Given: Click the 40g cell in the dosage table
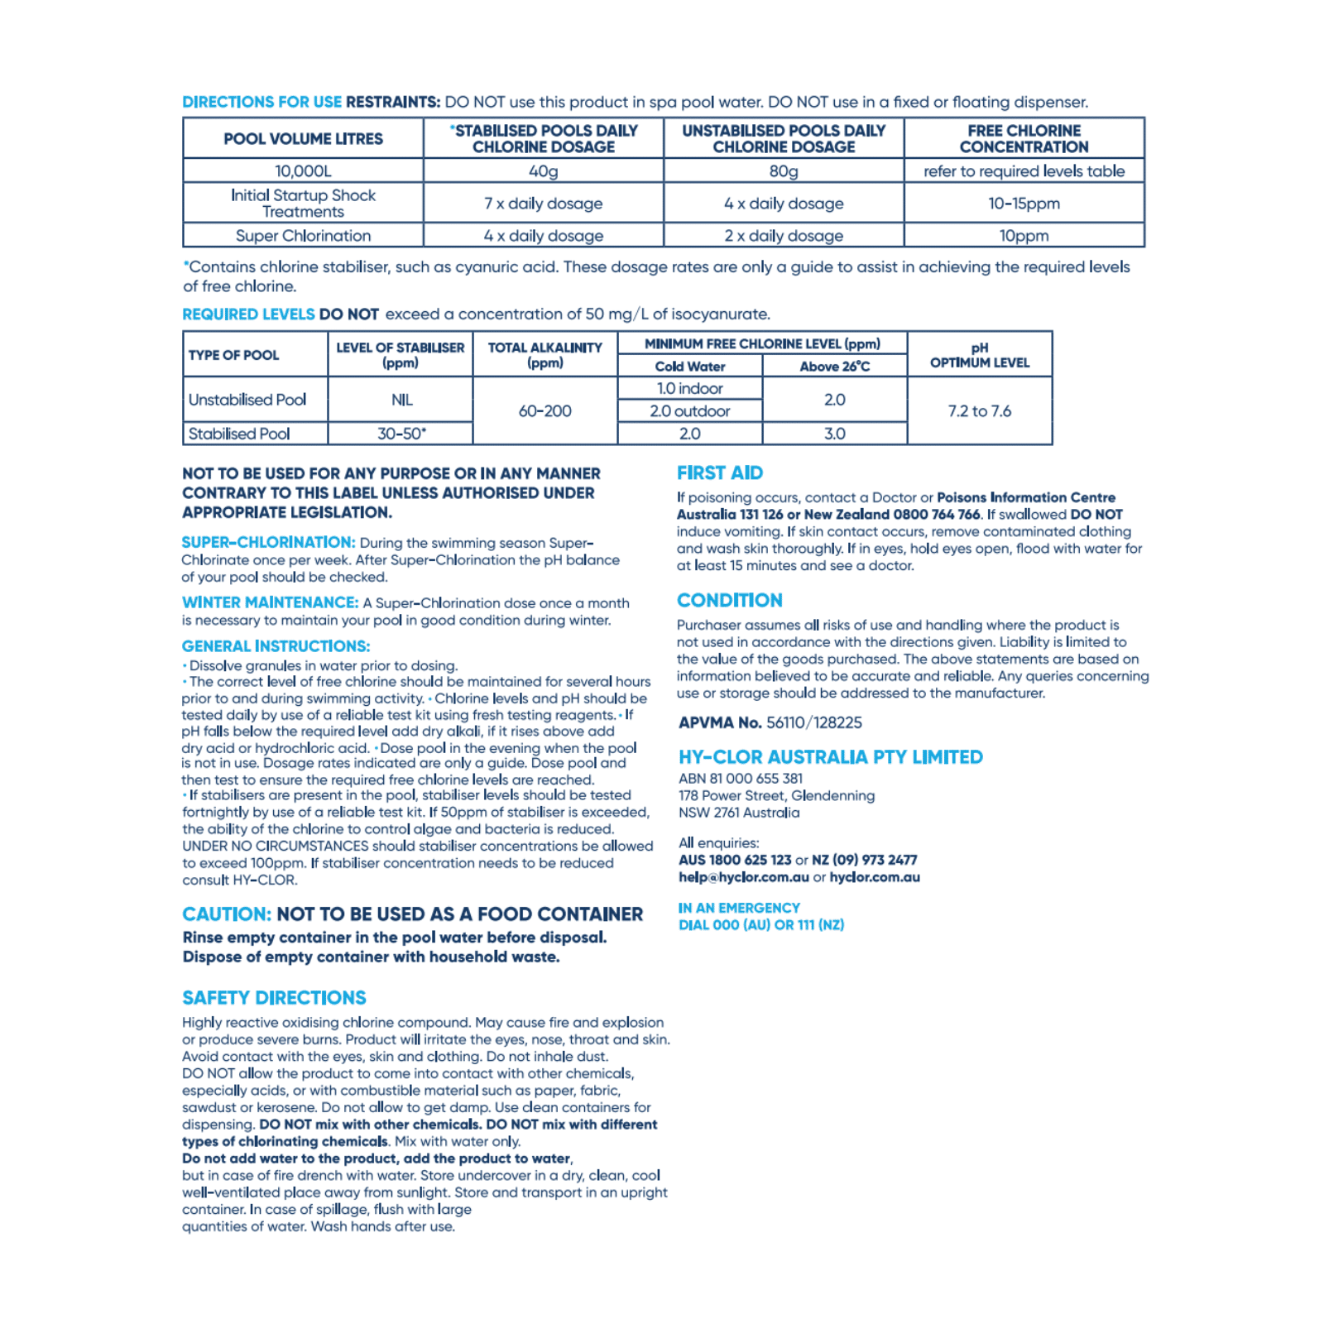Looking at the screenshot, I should tap(543, 171).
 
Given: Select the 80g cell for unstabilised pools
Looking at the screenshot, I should tap(783, 171).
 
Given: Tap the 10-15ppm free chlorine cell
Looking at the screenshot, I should tap(1024, 204).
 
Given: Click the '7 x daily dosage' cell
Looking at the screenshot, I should tap(543, 204).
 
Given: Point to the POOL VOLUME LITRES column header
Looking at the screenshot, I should tap(303, 139).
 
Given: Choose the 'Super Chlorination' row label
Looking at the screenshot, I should tap(303, 236).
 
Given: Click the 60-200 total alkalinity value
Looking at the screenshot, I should tap(544, 411).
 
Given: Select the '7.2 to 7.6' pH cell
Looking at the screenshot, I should tap(979, 411).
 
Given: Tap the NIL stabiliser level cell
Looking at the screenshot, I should tap(401, 401).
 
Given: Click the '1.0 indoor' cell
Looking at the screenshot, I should tap(689, 389).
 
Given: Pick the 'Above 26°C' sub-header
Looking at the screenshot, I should tap(834, 367).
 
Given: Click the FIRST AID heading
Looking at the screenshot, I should tap(720, 473).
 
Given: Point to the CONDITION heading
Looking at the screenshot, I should tap(729, 601).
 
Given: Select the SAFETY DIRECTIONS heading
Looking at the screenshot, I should tap(274, 998).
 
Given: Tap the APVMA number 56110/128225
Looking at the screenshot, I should tap(813, 722).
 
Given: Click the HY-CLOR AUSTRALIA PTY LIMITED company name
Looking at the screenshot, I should tap(830, 757).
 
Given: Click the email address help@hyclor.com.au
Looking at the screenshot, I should tap(743, 877).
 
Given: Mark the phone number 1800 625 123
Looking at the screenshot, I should tap(750, 860).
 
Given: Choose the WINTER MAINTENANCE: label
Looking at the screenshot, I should tap(270, 603).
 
